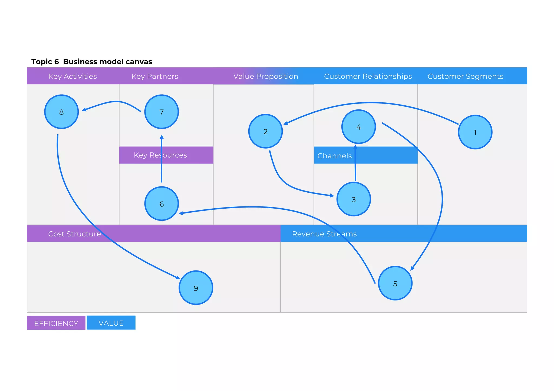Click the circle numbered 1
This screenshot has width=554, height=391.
click(x=475, y=132)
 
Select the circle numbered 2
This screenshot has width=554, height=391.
click(x=265, y=131)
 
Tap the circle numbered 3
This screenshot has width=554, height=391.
click(x=354, y=199)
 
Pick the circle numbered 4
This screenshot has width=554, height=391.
click(x=358, y=127)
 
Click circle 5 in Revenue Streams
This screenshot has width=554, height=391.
click(x=395, y=283)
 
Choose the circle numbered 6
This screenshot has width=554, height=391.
click(x=161, y=204)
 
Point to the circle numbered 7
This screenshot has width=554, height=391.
click(x=161, y=112)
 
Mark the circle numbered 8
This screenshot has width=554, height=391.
click(x=61, y=112)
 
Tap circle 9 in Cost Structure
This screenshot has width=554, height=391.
click(x=196, y=288)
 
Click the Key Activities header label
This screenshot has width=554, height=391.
click(x=72, y=76)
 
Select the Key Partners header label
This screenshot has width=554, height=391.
click(x=155, y=76)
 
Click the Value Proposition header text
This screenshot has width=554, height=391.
click(x=266, y=76)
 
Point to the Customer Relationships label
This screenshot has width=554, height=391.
click(x=368, y=76)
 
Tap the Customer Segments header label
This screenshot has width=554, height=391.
click(x=465, y=76)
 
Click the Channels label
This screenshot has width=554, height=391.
click(x=334, y=156)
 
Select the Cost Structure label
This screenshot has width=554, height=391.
click(x=74, y=234)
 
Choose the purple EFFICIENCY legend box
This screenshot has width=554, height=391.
click(x=56, y=323)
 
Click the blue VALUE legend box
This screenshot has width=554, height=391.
click(x=111, y=323)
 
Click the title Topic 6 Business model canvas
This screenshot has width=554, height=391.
click(x=92, y=62)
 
